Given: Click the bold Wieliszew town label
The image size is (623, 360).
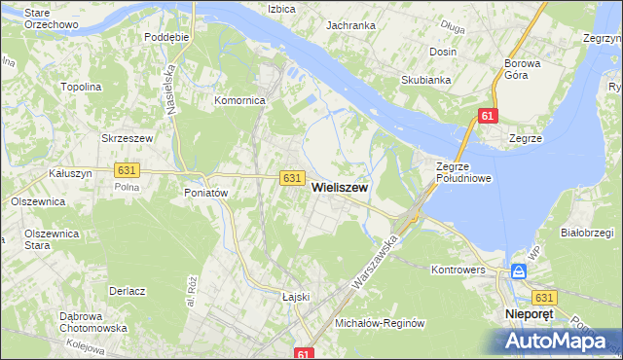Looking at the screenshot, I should coord(339,193).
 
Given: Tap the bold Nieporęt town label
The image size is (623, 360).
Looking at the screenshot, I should coord(531,315).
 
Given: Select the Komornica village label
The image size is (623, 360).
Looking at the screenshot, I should coord(240,100).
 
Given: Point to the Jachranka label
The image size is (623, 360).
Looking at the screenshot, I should coord(350,25).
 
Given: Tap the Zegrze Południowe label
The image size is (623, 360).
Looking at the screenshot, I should coord(463,172).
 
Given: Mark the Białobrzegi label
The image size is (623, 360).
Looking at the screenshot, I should coord(586,233).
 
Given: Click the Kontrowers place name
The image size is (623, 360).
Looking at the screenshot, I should coord(458,269).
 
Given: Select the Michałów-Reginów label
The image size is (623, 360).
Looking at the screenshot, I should coord(381,323).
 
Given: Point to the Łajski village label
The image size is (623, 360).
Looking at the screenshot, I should coord(294,297).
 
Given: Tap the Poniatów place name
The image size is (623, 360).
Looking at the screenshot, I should coord(205,193).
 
